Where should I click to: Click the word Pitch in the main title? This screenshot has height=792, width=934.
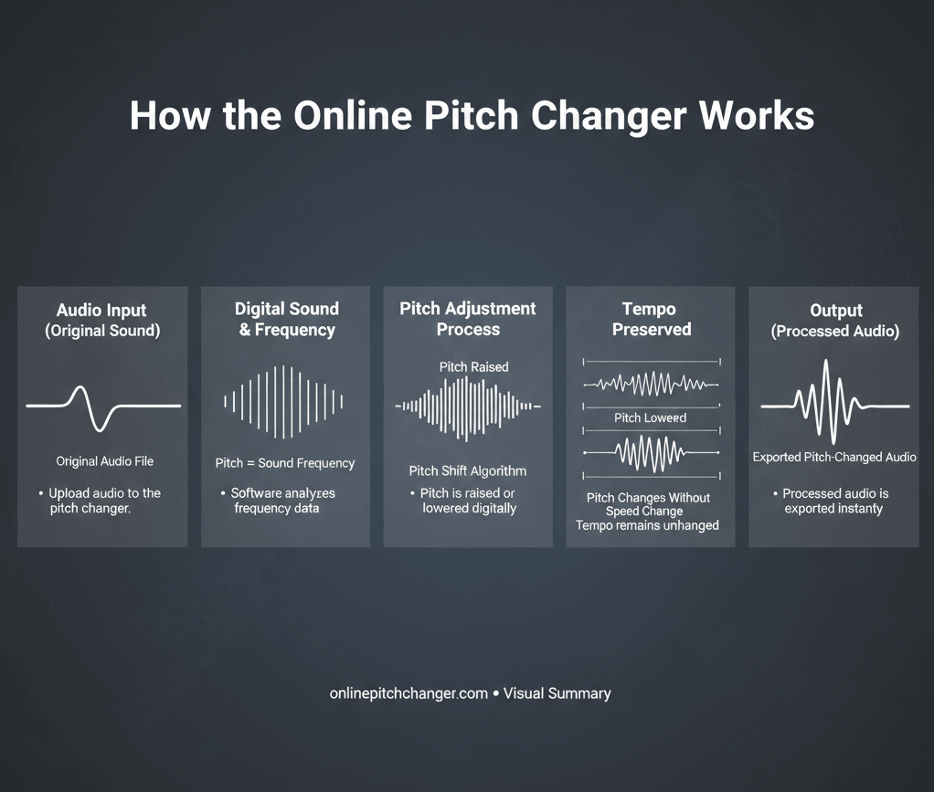471,115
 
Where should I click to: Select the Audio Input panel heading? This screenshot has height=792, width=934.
102,321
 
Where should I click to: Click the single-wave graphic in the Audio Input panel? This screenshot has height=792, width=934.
103,407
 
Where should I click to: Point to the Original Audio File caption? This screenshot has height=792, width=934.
105,461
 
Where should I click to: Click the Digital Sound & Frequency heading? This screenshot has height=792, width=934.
287,319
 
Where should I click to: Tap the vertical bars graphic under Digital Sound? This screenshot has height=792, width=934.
283,402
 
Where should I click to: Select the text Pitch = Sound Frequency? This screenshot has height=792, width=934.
285,463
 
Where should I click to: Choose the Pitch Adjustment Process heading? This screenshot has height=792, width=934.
468,319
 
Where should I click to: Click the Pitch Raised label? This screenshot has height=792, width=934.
473,367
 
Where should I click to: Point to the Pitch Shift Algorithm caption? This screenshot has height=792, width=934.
468,471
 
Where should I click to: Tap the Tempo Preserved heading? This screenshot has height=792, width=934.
651,319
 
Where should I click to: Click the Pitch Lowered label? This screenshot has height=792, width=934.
650,418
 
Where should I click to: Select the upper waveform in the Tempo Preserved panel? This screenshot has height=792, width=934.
651,384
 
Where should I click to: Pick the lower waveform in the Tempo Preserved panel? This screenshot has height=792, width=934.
651,453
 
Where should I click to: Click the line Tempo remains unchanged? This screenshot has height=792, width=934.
647,525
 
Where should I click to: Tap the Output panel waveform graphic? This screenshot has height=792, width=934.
834,402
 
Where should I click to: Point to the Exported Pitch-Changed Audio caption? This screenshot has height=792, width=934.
833,458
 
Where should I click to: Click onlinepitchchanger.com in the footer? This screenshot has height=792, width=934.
409,693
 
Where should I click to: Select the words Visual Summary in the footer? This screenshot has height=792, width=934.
557,693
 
